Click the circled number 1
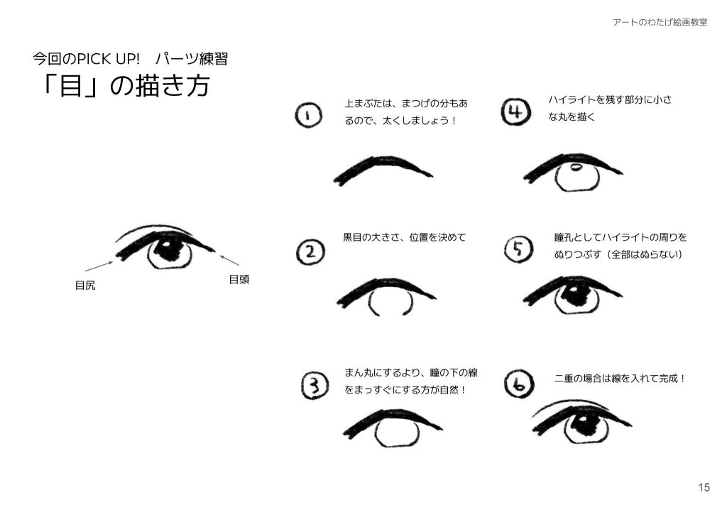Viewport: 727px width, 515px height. [x=307, y=116]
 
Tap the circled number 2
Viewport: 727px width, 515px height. [x=310, y=251]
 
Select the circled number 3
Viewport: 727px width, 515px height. [x=314, y=386]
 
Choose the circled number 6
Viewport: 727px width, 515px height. [x=518, y=385]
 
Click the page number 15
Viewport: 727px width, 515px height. [x=704, y=487]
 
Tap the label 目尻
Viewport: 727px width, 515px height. [x=85, y=286]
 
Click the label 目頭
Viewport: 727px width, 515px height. [x=239, y=280]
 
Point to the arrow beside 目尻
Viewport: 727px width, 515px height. [x=99, y=266]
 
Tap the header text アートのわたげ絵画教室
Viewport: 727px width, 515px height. [x=660, y=22]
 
